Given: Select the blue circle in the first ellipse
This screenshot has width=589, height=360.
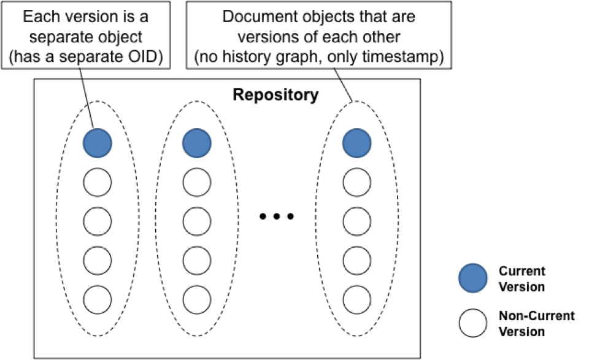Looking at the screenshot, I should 98,143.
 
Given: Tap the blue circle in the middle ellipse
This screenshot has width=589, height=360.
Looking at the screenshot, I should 197,143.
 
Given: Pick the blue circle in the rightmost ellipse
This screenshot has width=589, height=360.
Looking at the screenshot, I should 357,143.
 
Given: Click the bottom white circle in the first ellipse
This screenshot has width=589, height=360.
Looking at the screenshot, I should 98,299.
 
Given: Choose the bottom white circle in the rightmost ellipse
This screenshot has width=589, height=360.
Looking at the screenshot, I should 357,299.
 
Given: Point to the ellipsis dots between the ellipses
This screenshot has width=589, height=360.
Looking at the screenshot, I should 277,216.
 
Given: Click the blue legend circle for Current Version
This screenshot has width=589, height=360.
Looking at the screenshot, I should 473,278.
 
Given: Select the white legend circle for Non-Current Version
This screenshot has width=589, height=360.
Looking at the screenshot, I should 473,323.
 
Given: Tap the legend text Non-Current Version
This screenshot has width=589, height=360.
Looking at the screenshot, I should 536,324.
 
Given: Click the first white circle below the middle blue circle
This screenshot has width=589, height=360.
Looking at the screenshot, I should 197,182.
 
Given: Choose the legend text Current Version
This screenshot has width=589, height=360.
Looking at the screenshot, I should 522,278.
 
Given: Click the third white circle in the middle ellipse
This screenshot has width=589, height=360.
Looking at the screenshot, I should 197,259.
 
